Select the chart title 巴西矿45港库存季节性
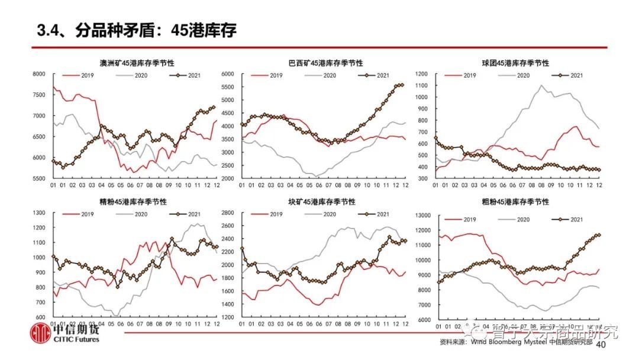pos(325,63)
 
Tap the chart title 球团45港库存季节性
pos(515,63)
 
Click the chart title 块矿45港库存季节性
pos(325,202)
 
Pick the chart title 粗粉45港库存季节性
pos(515,202)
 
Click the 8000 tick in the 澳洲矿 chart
pos(39,74)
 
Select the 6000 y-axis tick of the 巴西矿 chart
pos(228,74)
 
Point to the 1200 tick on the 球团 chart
pos(421,74)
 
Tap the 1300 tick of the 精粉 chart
pos(39,213)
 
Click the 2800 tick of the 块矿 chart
pos(228,213)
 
